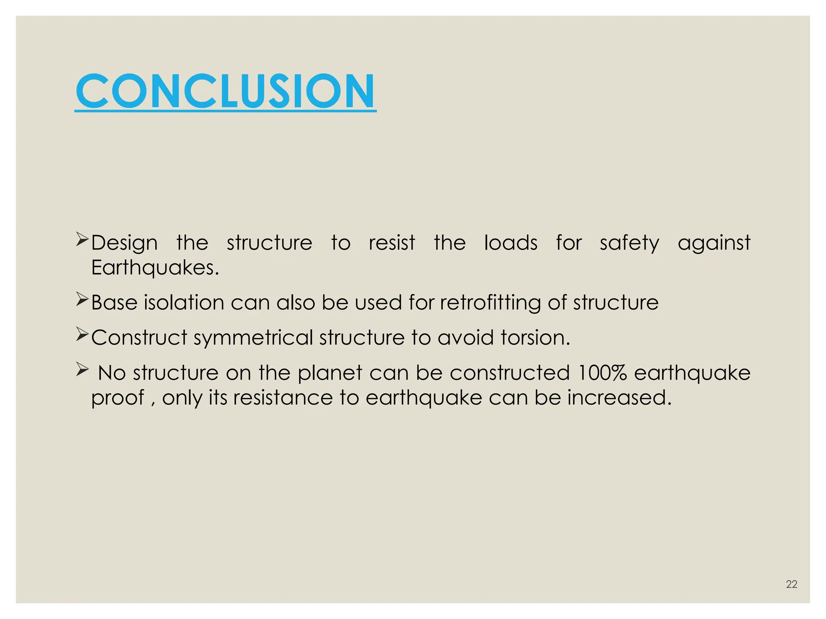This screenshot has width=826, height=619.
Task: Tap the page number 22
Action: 791,584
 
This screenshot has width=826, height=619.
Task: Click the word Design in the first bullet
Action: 124,243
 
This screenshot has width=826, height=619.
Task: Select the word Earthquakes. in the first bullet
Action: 155,268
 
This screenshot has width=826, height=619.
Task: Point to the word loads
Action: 511,243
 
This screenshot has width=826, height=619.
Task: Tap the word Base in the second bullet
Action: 114,302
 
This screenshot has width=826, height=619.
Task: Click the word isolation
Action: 184,302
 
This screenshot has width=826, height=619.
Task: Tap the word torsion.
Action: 535,337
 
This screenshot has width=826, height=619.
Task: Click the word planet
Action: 330,373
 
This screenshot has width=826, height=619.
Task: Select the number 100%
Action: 602,373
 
